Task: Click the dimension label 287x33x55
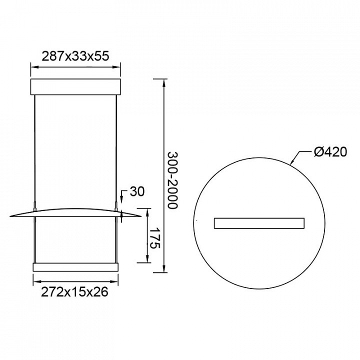pyautogui.click(x=75, y=56)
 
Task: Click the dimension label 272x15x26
pyautogui.click(x=74, y=292)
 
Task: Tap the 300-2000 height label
pyautogui.click(x=172, y=180)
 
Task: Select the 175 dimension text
pyautogui.click(x=154, y=238)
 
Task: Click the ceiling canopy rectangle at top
pyautogui.click(x=75, y=87)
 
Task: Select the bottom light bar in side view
pyautogui.click(x=76, y=267)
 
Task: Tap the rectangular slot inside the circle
pyautogui.click(x=259, y=223)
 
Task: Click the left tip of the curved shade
pyautogui.click(x=10, y=216)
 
